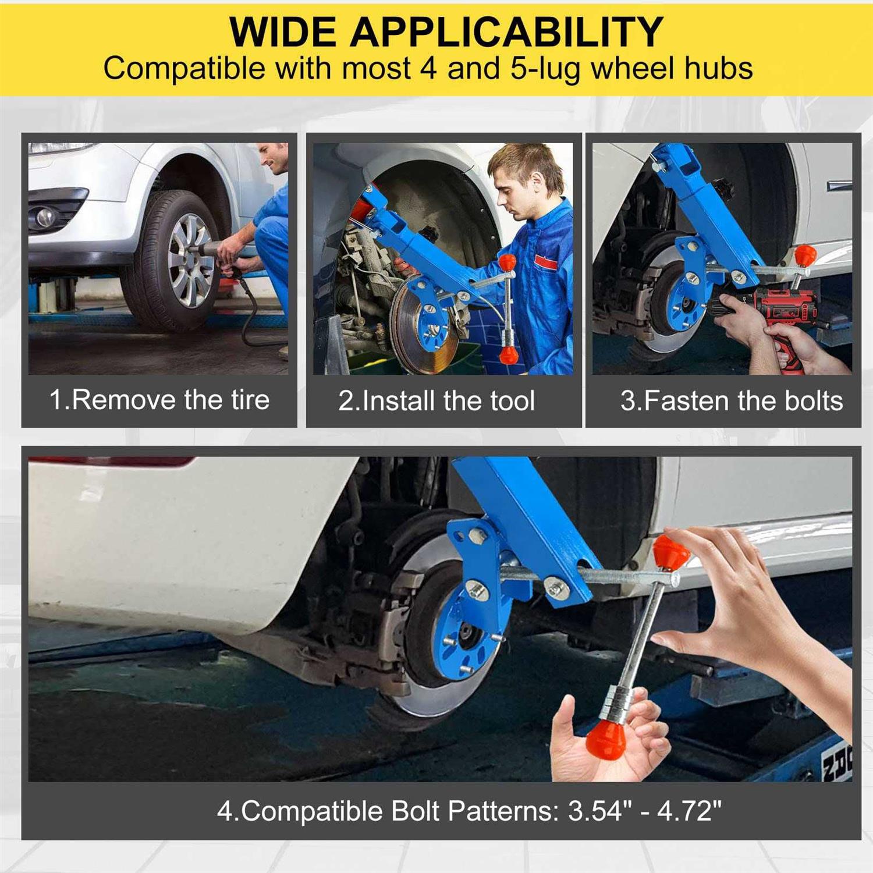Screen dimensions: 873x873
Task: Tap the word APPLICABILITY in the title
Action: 506,32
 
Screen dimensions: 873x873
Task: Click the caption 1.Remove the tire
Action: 159,400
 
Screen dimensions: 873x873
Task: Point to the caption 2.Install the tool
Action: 436,401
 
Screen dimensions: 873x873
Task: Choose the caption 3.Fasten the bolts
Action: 732,401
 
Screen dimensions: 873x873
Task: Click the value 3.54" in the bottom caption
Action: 600,811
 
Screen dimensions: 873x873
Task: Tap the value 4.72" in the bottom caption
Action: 690,811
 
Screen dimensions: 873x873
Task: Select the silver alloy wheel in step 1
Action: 190,260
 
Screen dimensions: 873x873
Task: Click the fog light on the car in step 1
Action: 45,217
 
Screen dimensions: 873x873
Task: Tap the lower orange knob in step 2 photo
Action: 508,354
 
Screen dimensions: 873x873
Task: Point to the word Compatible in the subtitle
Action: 184,69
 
